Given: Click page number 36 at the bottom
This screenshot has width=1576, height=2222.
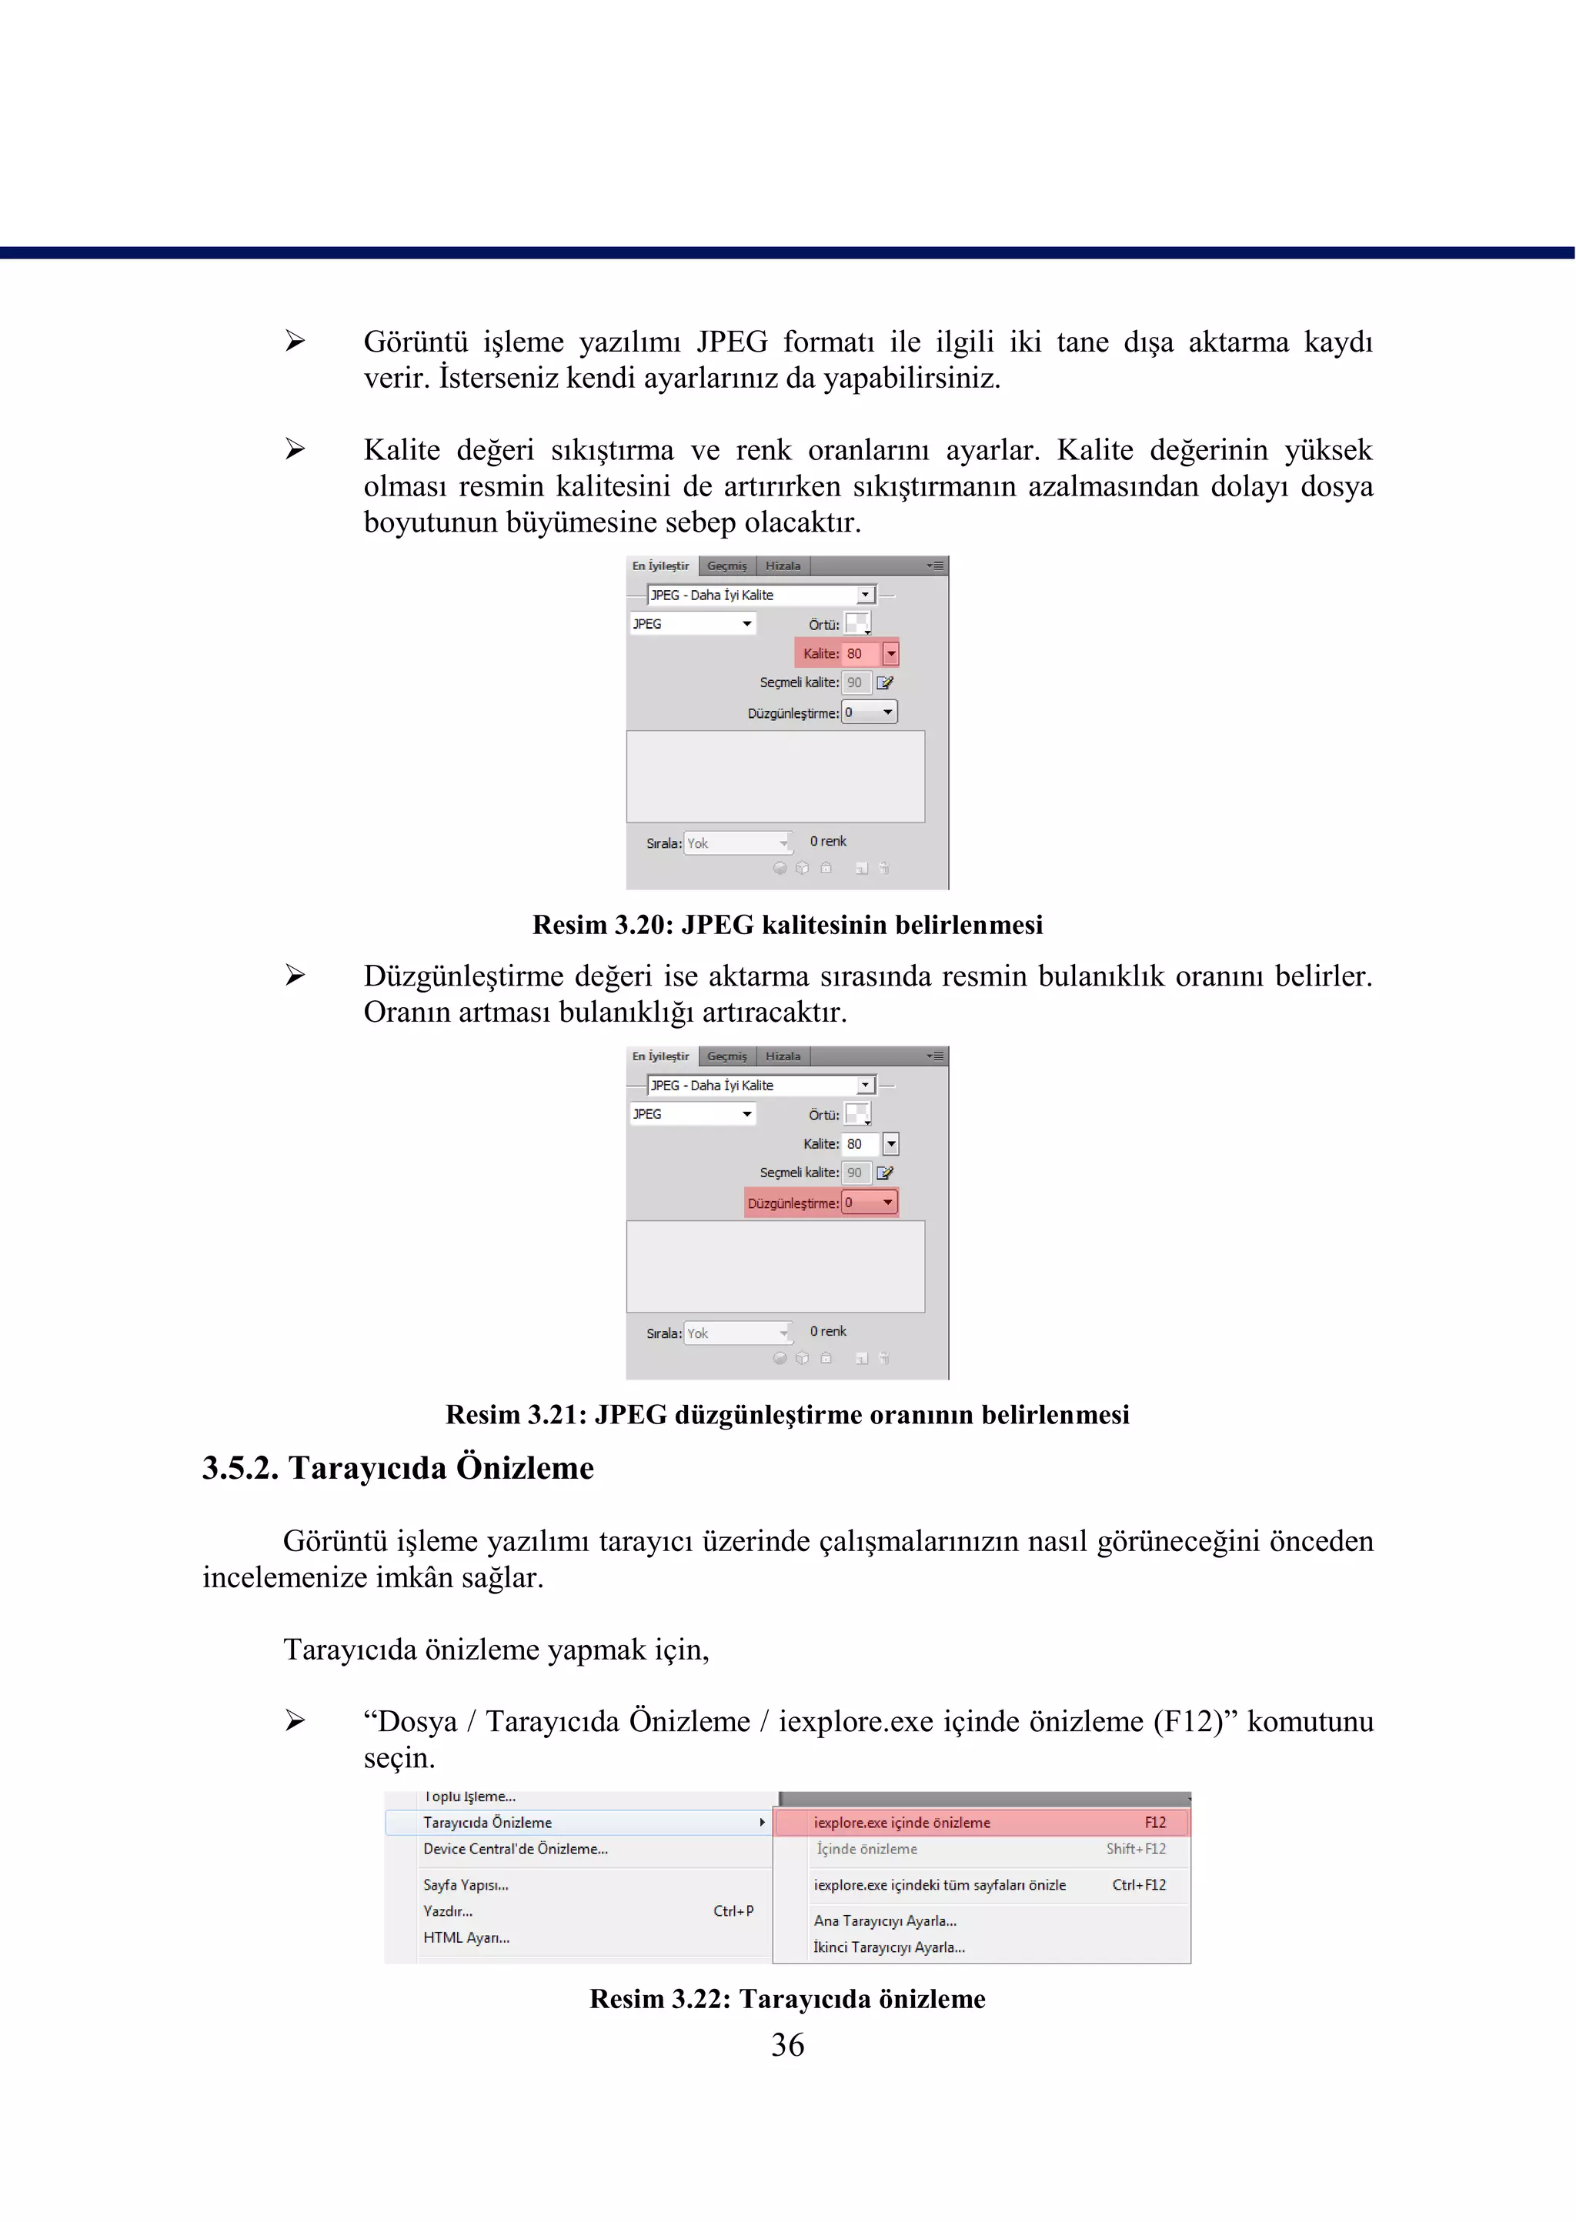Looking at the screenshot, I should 787,2044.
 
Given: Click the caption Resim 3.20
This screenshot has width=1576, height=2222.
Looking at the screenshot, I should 787,925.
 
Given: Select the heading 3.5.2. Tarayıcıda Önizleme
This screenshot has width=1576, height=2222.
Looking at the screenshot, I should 398,1467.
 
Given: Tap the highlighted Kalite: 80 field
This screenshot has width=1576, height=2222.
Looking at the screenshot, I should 846,653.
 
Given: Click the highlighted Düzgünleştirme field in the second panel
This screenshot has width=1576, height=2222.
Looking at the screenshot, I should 821,1203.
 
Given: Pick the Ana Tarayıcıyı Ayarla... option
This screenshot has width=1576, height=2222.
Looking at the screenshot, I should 885,1920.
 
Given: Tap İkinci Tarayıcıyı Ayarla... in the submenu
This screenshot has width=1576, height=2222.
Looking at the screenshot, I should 889,1947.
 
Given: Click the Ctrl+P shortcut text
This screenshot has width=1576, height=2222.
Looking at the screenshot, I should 733,1910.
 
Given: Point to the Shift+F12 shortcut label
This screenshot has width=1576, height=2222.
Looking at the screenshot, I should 1135,1848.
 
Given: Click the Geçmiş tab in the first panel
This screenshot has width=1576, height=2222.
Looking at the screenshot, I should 727,566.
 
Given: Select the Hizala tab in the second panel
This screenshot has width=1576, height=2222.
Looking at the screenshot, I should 783,1056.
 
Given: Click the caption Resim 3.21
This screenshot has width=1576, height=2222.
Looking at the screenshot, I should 787,1415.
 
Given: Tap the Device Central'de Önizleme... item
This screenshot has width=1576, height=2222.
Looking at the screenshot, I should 516,1848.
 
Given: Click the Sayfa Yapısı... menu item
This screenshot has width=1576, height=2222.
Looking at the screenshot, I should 466,1884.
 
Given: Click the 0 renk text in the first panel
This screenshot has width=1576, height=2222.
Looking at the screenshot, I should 828,841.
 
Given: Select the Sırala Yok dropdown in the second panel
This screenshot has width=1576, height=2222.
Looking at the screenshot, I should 737,1333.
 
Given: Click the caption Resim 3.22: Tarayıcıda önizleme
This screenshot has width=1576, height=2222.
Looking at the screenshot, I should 787,1999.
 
